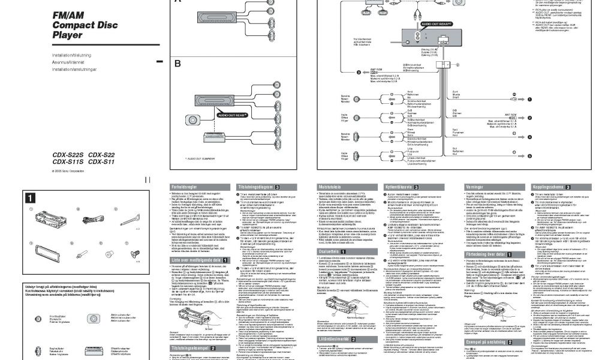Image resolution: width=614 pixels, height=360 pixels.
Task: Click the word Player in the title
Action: coord(68,35)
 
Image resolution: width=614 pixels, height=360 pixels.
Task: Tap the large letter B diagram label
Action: coord(177,63)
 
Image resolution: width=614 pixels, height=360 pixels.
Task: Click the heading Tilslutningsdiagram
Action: coord(255,187)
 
